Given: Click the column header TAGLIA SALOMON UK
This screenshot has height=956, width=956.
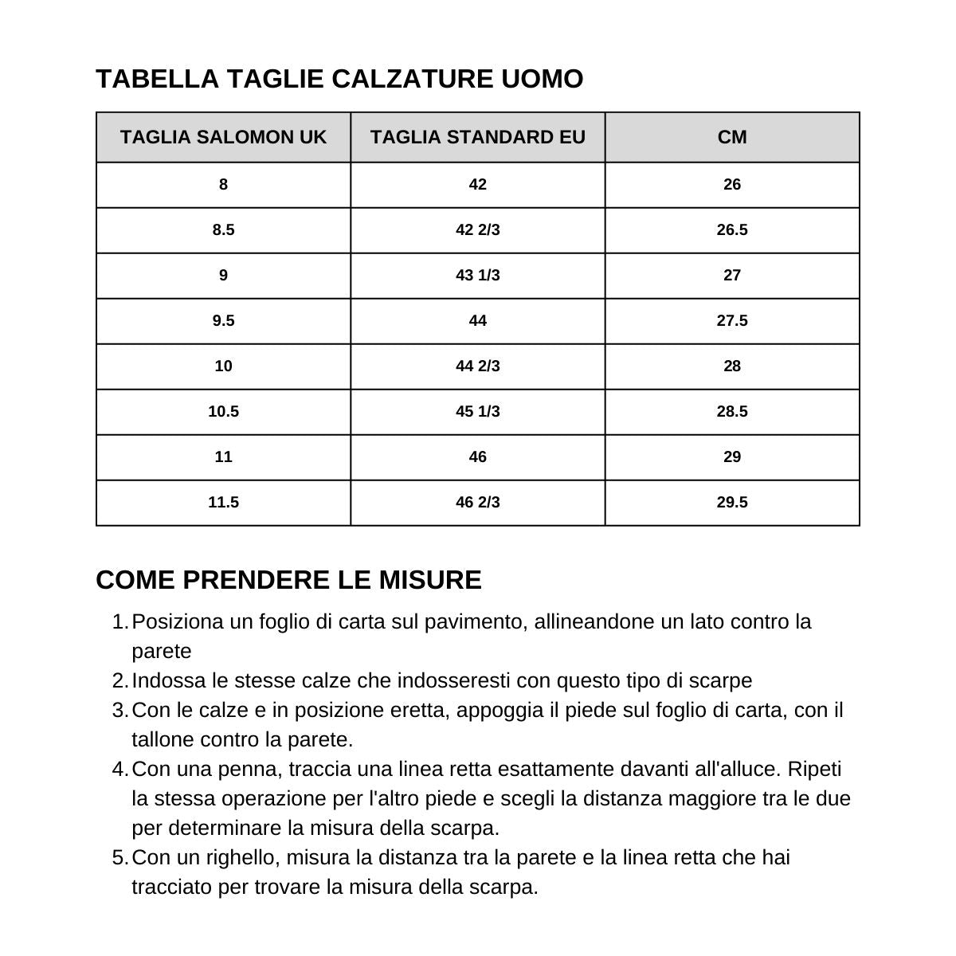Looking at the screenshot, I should point(223,137).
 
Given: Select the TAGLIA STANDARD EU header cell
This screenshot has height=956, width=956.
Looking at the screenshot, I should point(477,137).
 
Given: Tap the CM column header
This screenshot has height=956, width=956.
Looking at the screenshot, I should point(732,137).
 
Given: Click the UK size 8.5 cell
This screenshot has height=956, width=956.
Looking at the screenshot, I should point(223,230).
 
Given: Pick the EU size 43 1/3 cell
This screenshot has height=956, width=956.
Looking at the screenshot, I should point(477,276).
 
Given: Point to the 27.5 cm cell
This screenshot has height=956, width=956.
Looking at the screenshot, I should point(732,321).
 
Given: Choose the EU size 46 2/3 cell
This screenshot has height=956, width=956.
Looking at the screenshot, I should point(477,503).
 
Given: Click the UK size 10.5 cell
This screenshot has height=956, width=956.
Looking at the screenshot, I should point(223,412).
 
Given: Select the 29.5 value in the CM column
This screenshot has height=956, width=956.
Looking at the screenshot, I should point(732,503).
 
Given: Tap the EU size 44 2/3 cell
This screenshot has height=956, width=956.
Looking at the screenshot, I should point(477,366).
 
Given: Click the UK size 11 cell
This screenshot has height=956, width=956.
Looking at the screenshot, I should point(223,457).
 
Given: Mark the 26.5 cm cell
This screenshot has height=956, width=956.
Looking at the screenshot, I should point(732,230).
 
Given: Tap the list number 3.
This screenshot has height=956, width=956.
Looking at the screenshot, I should point(119,710).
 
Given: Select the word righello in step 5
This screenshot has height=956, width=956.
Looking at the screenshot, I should point(242,858).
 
